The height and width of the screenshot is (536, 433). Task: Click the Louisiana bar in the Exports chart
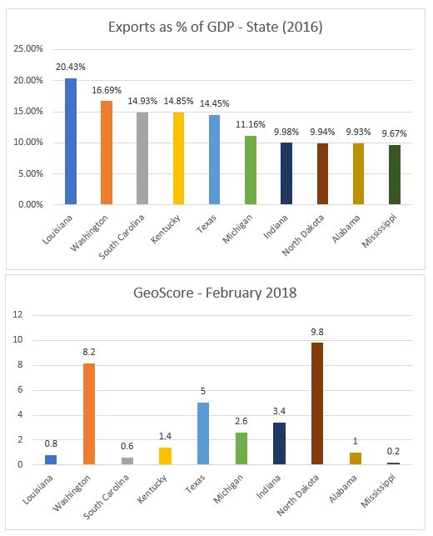click(71, 141)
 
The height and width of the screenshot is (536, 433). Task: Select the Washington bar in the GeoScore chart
click(89, 413)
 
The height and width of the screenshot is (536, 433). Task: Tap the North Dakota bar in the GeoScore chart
click(317, 403)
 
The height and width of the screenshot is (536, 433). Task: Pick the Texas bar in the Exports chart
click(215, 160)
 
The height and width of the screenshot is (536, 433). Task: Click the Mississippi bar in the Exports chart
click(395, 175)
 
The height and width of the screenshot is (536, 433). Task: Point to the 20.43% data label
click(71, 67)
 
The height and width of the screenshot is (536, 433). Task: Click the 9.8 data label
click(317, 332)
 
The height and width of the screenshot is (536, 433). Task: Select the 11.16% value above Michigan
click(251, 124)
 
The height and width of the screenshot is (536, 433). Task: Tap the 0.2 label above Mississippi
click(393, 451)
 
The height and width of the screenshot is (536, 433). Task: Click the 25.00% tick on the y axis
click(28, 49)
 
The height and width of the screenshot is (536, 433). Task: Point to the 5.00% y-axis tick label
click(31, 173)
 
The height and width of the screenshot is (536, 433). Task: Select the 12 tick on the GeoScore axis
click(17, 314)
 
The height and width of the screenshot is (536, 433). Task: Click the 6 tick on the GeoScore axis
click(20, 389)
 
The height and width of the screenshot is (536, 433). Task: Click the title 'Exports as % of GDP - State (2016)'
click(216, 27)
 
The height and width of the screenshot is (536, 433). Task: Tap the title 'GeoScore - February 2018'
click(215, 293)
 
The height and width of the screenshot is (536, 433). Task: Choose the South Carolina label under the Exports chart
click(122, 237)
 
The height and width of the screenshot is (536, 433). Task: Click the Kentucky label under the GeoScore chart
click(152, 488)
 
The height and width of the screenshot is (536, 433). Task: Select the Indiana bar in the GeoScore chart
click(279, 443)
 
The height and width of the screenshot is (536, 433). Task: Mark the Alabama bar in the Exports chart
click(358, 173)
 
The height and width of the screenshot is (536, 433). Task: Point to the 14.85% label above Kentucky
click(178, 101)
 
